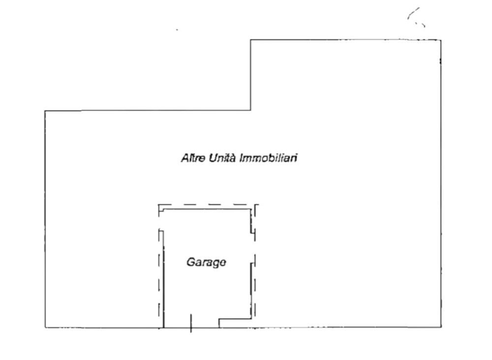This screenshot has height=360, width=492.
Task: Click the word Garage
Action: click(x=206, y=262)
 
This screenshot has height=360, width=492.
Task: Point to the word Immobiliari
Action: click(x=268, y=158)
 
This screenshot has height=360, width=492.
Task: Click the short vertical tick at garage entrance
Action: click(x=191, y=323)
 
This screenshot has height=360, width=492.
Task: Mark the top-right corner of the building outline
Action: click(x=440, y=40)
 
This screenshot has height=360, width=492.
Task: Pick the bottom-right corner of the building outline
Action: click(x=441, y=327)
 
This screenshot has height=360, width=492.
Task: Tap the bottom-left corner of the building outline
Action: click(x=45, y=327)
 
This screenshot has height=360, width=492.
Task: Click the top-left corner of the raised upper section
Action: click(x=250, y=39)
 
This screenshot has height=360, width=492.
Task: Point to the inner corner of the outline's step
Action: click(x=250, y=110)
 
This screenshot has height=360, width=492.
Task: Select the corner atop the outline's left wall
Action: click(x=45, y=111)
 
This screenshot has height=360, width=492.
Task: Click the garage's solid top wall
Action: click(x=207, y=209)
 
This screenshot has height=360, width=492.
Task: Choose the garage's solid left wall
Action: click(x=163, y=279)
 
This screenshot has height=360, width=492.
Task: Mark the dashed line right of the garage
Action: click(x=255, y=261)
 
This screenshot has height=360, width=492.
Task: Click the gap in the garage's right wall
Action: click(x=251, y=248)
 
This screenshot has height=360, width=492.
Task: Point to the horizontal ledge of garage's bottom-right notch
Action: click(x=235, y=319)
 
